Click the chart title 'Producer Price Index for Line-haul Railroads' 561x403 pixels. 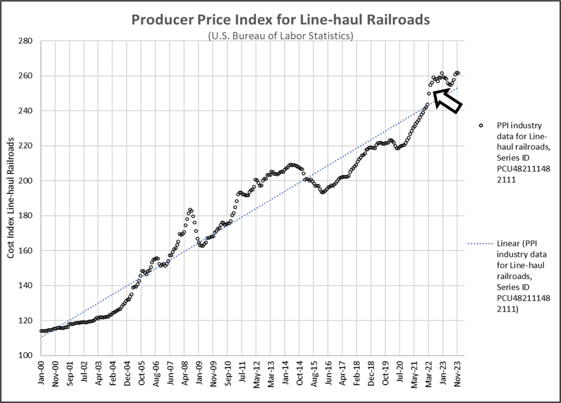point(280,20)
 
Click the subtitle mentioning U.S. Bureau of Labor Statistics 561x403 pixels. point(280,36)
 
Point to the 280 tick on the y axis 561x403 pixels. point(25,41)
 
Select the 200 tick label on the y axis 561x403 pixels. point(25,181)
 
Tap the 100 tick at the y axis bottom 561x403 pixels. point(25,355)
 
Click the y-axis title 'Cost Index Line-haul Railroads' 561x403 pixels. point(11,198)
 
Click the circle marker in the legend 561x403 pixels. point(481,125)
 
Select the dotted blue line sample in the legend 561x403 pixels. point(480,244)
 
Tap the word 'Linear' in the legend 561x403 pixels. point(508,244)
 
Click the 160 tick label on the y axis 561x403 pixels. point(25,251)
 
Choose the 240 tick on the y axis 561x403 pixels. point(25,111)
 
